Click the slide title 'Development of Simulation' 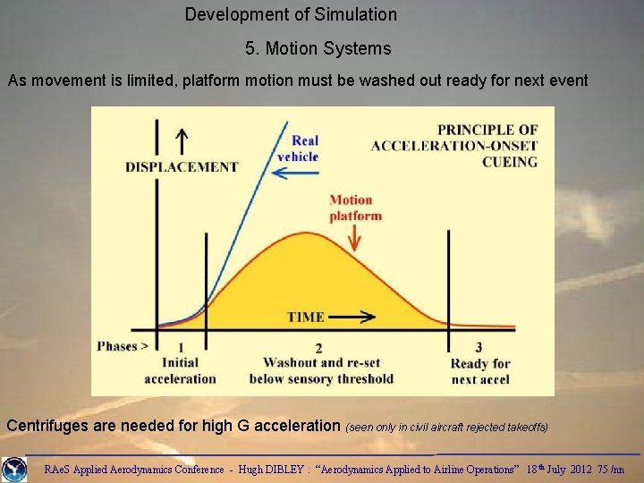[291, 14]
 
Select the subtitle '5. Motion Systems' [318, 48]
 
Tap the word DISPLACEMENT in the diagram [182, 166]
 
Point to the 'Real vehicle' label [304, 148]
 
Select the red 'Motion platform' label [355, 208]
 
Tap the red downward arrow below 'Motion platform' [357, 236]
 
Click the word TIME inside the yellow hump [306, 317]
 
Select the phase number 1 [182, 348]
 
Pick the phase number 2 [318, 348]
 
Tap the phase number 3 [479, 347]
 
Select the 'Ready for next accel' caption [480, 371]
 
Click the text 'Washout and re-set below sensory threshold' [328, 370]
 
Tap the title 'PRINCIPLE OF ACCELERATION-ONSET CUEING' [455, 146]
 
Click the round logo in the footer [14, 469]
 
